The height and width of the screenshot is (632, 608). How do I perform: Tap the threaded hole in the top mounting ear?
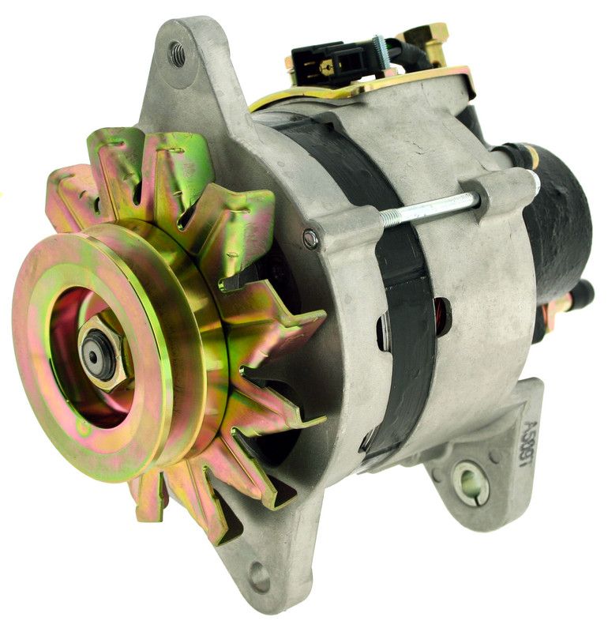tap(178, 54)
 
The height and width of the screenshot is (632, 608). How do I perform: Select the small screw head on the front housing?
tap(312, 236)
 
